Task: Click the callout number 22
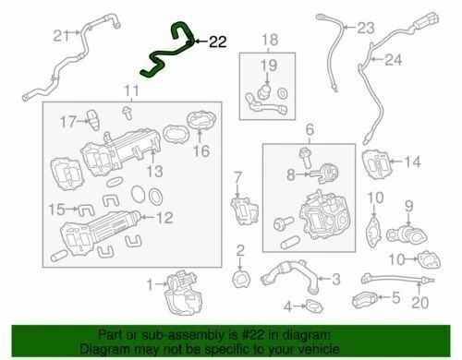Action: coord(217,42)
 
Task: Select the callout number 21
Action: coord(60,36)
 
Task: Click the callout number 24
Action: coord(395,62)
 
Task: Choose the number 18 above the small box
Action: coord(269,39)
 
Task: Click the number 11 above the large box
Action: coord(133,90)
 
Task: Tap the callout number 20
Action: coord(420,302)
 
